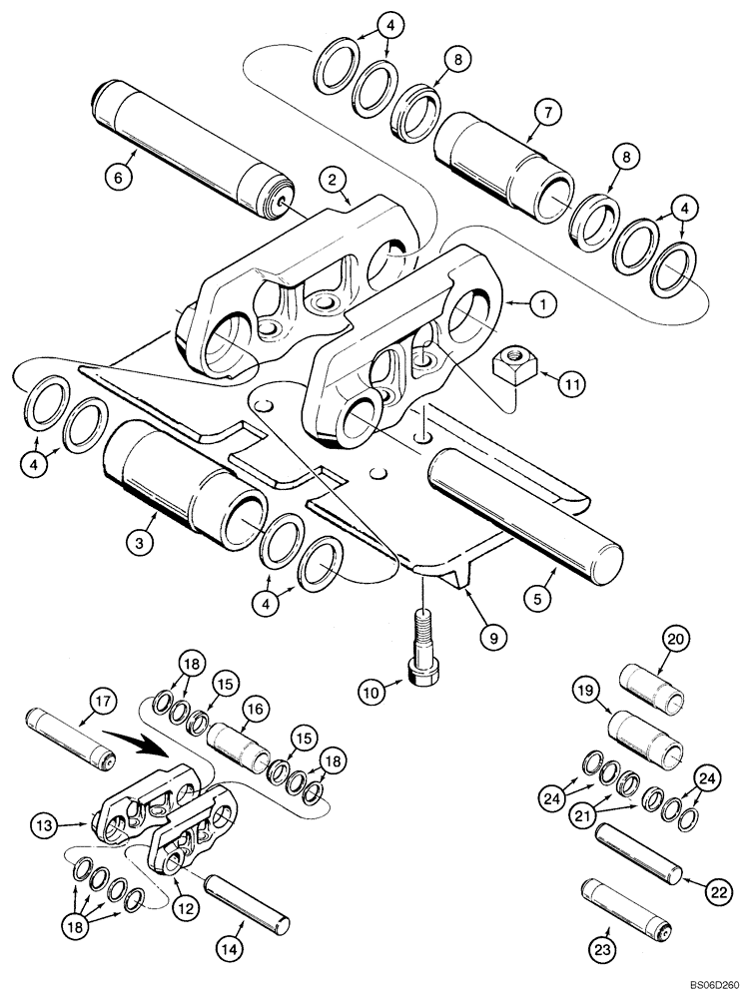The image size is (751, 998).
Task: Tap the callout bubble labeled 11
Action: pyautogui.click(x=570, y=383)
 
